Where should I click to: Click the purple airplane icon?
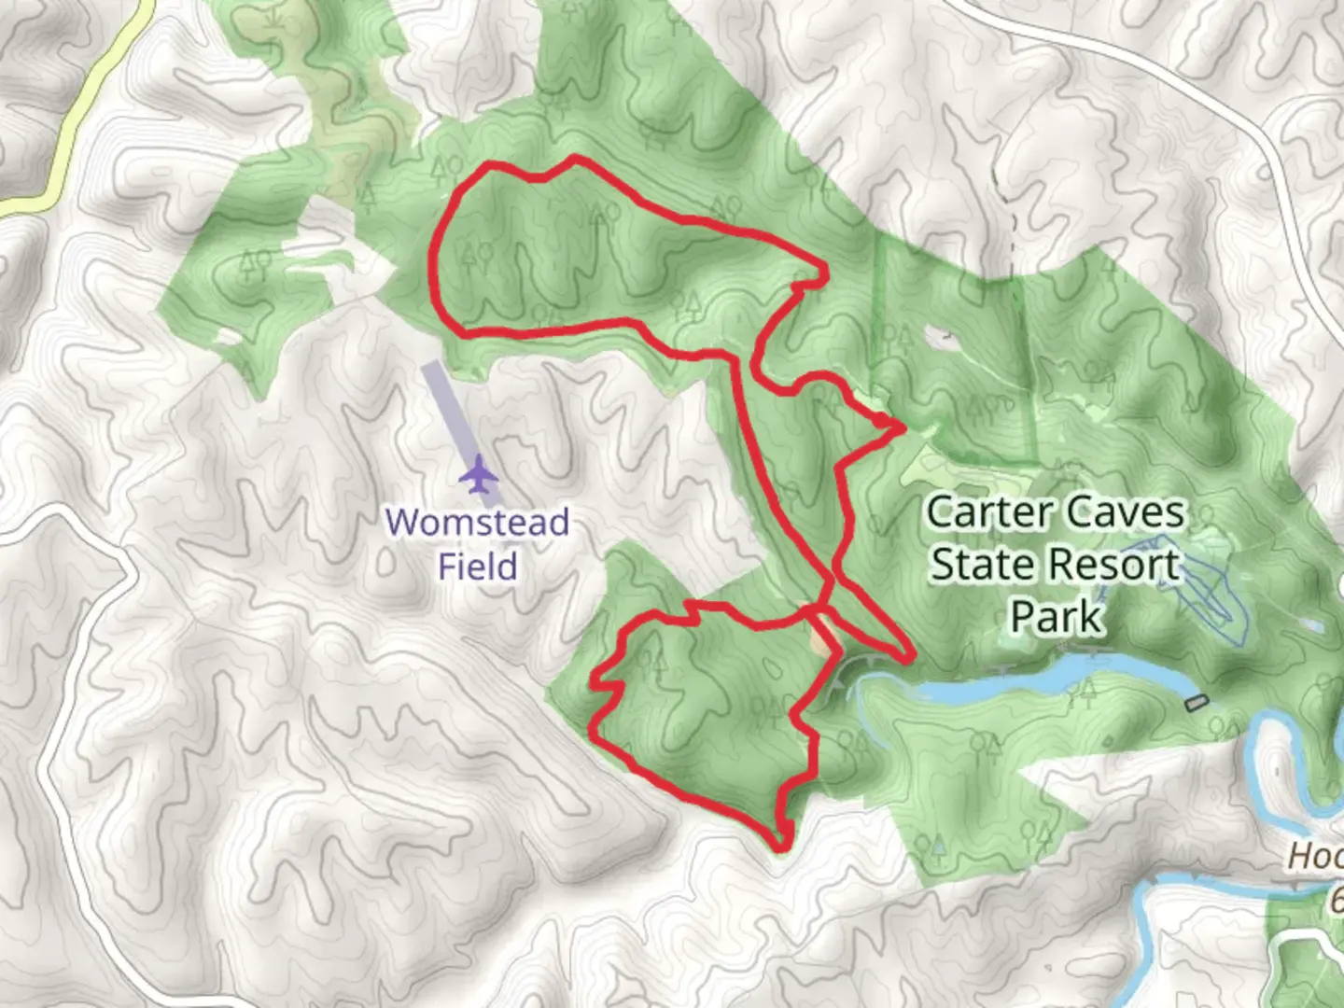coord(479,474)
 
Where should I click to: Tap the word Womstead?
coord(477,522)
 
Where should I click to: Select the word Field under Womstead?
coord(477,566)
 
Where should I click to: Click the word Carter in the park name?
coord(987,511)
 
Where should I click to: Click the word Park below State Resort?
coord(1057,616)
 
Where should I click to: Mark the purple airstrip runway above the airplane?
coord(448,411)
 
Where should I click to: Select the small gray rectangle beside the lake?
coord(1196,702)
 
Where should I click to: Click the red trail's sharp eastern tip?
coord(902,427)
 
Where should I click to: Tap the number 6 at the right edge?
coord(1336,901)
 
